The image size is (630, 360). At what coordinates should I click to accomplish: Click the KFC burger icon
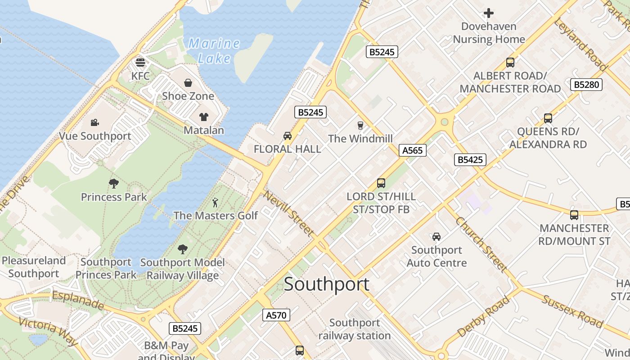140,62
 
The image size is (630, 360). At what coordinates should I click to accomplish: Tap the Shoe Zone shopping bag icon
188,83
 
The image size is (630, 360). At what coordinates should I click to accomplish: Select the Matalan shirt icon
204,117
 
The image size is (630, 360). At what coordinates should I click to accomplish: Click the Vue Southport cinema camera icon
94,123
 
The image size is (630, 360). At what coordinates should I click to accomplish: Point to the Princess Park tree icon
114,184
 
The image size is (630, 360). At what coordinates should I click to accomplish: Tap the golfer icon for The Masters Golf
216,202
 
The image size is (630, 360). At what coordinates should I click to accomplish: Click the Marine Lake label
214,50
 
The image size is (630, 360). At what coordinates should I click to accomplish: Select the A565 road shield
412,150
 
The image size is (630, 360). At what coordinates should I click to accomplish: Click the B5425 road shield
470,159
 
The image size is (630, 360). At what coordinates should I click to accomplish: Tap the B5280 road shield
586,85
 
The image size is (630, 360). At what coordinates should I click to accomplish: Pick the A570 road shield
276,315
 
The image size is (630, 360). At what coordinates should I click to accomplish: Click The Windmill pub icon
360,125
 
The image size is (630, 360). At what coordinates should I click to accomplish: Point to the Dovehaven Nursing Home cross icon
489,13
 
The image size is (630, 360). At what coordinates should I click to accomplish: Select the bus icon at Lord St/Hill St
381,183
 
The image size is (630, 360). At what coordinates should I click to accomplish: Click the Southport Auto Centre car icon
436,237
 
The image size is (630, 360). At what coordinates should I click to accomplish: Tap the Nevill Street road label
288,213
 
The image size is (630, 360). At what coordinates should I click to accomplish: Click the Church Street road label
481,244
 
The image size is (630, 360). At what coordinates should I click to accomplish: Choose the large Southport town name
327,284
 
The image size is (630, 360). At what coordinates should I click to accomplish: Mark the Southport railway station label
355,329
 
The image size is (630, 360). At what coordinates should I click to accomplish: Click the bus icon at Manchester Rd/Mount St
574,215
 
